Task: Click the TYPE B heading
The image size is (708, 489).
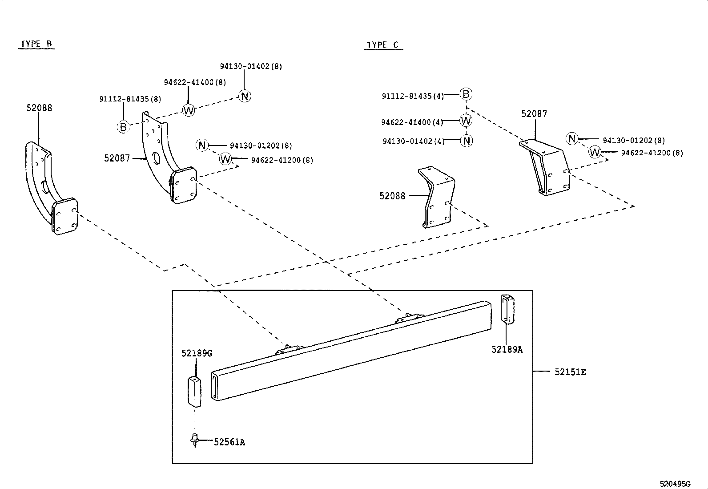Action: (x=36, y=44)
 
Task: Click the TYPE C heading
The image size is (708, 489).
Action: (x=382, y=45)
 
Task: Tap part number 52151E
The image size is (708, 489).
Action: (x=570, y=372)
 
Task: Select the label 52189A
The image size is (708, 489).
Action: (x=507, y=350)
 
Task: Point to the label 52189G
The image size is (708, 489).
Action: (x=197, y=353)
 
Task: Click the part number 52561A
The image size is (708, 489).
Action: (x=229, y=442)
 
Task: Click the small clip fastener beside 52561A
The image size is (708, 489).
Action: (x=194, y=440)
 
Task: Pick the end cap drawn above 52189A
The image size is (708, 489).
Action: (x=507, y=307)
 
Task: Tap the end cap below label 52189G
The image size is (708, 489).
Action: (x=194, y=392)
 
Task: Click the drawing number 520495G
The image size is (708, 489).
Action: (x=675, y=484)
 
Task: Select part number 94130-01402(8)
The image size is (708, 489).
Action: (x=251, y=66)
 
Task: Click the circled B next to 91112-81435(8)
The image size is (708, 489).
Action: (x=123, y=127)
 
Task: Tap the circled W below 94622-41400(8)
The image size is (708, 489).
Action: (x=189, y=110)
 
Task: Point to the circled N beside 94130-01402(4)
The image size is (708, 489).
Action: (x=466, y=141)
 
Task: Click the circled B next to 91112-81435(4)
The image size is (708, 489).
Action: (x=466, y=94)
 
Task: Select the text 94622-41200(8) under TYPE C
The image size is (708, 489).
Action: (x=652, y=153)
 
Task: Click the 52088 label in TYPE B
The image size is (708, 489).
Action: (x=39, y=108)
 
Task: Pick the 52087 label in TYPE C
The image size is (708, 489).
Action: (x=534, y=114)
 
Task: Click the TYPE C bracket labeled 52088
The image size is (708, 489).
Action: (x=438, y=198)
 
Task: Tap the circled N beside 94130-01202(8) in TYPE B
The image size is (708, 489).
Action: (x=202, y=145)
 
